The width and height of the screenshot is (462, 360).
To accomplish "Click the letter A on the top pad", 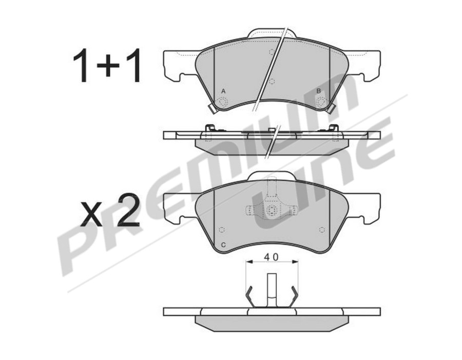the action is click(x=223, y=91).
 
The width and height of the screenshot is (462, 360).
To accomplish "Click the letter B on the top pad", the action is click(x=318, y=91).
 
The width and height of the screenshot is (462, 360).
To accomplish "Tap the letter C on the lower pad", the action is click(x=223, y=245).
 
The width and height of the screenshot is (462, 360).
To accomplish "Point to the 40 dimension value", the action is click(x=272, y=257).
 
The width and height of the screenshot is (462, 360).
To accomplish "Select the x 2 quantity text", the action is click(x=110, y=211).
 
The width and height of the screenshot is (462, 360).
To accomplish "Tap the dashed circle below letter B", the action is click(x=321, y=102).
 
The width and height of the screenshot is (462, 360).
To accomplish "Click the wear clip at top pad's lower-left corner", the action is click(x=211, y=109).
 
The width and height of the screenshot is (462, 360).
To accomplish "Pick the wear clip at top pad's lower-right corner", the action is click(x=332, y=108).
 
